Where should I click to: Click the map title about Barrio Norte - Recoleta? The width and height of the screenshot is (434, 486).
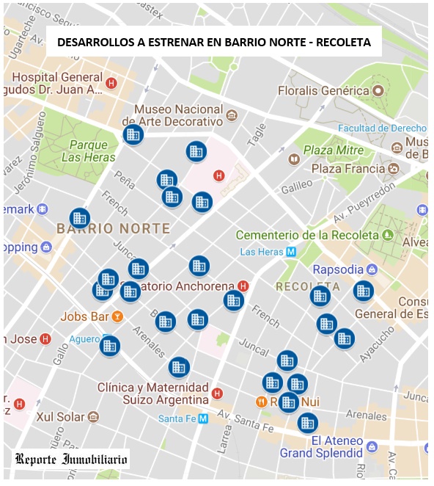[214, 43]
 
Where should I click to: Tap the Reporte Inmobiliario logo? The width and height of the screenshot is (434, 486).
[71, 460]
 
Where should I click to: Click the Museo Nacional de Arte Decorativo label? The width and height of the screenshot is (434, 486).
[178, 115]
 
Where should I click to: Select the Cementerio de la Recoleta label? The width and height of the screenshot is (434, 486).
[307, 235]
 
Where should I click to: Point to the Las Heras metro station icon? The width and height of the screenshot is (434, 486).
[291, 252]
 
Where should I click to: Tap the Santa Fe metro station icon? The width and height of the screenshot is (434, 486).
[204, 418]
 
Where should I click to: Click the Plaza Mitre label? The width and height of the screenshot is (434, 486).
[334, 150]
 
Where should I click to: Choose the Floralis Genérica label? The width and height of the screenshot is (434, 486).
[323, 90]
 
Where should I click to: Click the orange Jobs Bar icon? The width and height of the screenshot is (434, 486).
[117, 317]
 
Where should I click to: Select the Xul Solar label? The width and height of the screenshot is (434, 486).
[62, 416]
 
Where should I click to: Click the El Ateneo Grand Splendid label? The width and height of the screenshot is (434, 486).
[323, 446]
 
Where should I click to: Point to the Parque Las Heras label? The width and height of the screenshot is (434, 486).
[89, 150]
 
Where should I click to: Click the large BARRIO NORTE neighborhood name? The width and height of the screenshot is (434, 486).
[113, 228]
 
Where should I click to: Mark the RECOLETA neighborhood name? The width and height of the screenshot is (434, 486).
[307, 286]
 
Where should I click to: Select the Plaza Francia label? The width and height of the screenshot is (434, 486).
[348, 169]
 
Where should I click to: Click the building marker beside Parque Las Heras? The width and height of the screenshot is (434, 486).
[133, 135]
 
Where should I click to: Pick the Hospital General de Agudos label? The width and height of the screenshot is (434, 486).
[57, 83]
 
